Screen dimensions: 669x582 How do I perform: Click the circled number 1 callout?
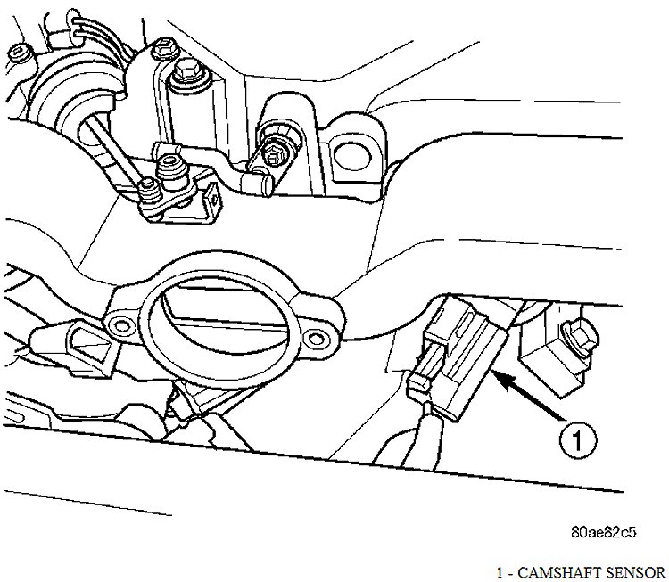[578, 439]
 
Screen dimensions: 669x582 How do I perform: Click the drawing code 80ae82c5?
[604, 532]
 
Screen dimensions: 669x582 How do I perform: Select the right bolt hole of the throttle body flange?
[315, 339]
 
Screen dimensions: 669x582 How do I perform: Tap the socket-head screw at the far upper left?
[20, 53]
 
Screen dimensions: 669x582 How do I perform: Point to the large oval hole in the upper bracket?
[350, 155]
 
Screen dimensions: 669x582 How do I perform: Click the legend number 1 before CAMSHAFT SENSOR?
[500, 572]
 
